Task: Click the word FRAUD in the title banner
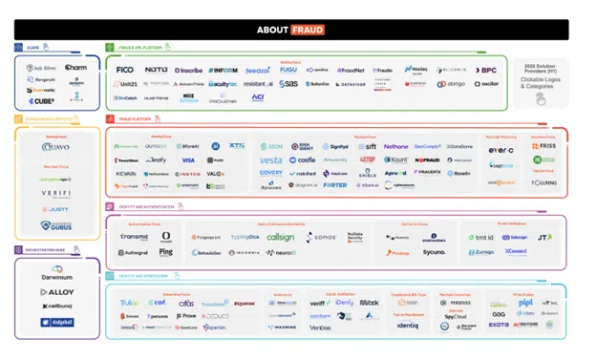point(308,30)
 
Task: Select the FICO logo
point(125,70)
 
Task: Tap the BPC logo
point(488,70)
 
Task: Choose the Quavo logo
point(56,148)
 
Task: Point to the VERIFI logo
point(56,193)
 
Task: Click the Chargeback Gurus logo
point(56,225)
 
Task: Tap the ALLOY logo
point(57,292)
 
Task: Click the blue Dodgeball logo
point(57,323)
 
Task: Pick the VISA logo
point(188,160)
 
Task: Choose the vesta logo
point(271,160)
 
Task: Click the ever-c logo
point(501,150)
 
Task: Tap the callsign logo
point(281,237)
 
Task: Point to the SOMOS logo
point(323,237)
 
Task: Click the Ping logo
point(166,253)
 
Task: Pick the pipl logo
point(525,303)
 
